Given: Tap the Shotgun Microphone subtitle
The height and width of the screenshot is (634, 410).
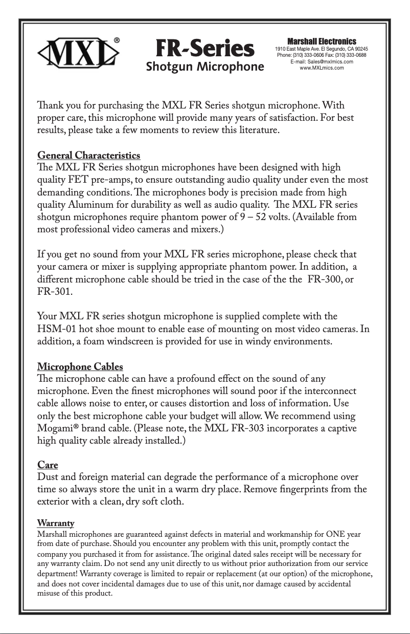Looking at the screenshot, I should pos(205,67).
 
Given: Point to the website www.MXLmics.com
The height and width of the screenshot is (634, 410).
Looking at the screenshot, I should pos(322,68).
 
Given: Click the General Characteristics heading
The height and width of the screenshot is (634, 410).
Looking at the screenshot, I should pos(89,155).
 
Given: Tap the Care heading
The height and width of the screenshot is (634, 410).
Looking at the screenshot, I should pos(48,465).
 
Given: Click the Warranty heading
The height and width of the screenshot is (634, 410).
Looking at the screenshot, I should pos(56,523).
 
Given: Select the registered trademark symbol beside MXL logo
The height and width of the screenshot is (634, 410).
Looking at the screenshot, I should pos(117,39).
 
